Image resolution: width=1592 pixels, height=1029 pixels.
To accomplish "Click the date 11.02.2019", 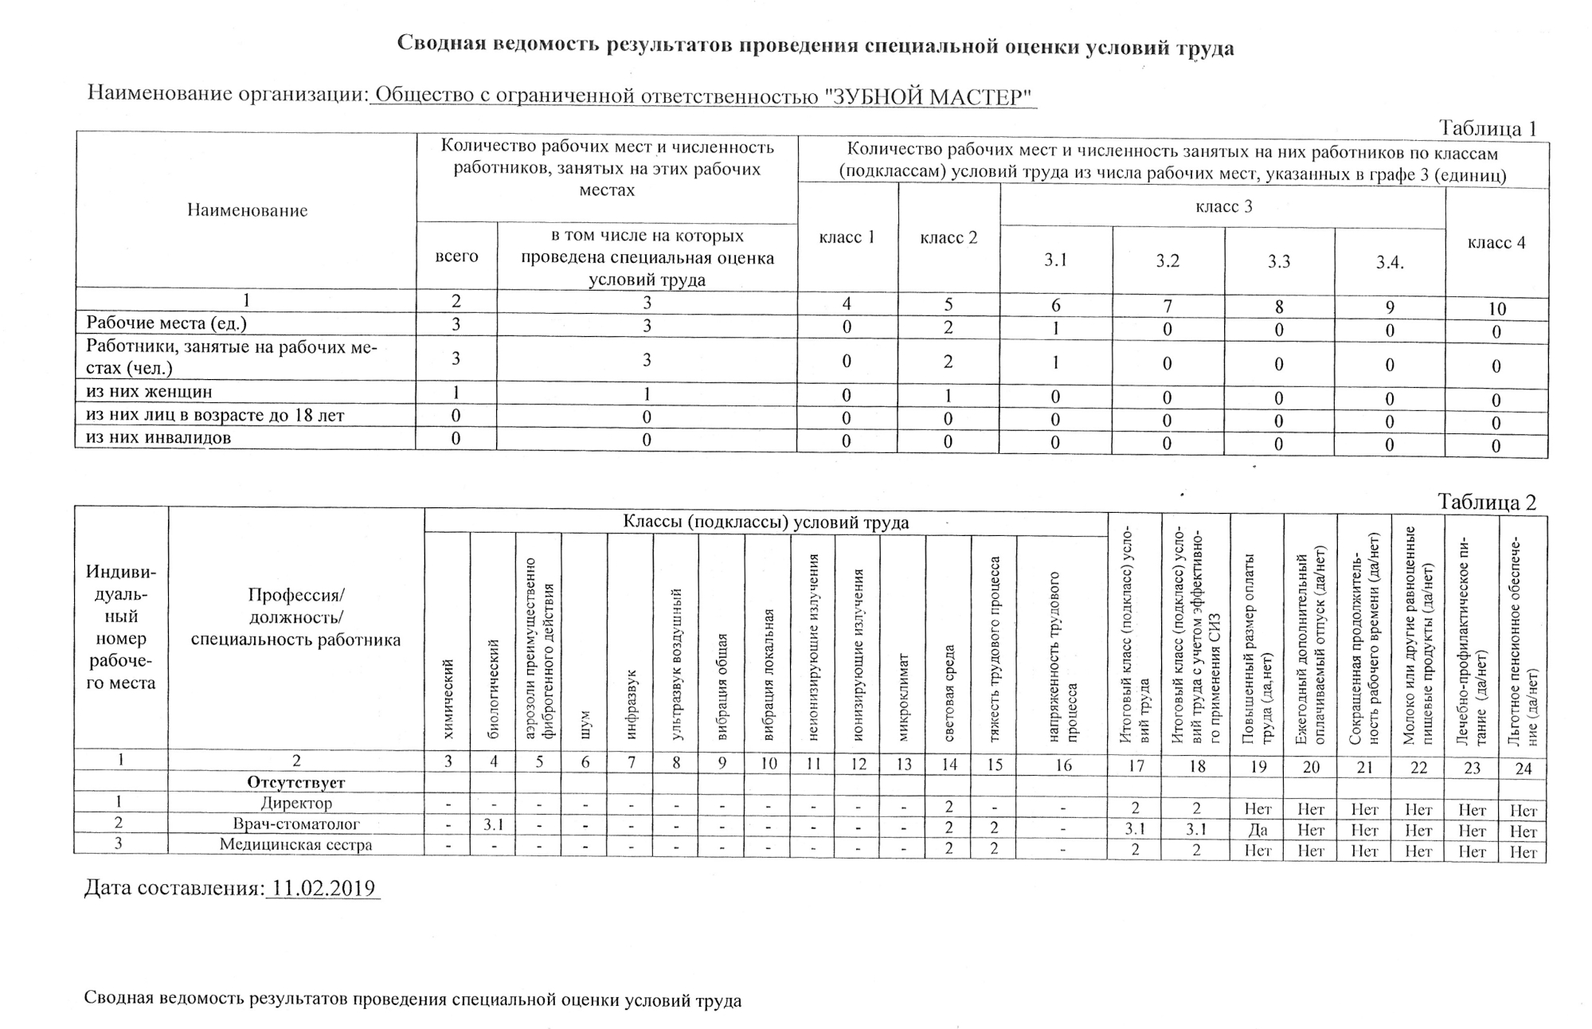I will pyautogui.click(x=323, y=888).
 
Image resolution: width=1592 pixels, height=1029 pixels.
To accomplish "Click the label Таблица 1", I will pyautogui.click(x=1487, y=128).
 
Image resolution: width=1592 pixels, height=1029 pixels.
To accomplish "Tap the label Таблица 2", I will pyautogui.click(x=1486, y=502).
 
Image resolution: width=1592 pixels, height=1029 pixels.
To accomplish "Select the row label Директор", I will pyautogui.click(x=296, y=803).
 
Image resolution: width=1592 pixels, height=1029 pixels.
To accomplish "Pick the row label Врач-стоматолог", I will pyautogui.click(x=296, y=824).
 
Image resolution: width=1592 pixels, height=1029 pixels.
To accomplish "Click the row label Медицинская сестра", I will pyautogui.click(x=296, y=844).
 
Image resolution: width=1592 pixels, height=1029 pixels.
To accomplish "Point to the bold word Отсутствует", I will pyautogui.click(x=296, y=782).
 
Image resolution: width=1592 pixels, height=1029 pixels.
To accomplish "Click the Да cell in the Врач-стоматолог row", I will pyautogui.click(x=1258, y=830).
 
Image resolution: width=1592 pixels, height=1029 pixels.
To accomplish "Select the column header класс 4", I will pyautogui.click(x=1496, y=243).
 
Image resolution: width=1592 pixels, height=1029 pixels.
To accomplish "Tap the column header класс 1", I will pyautogui.click(x=847, y=237).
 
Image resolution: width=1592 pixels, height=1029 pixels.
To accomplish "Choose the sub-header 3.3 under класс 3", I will pyautogui.click(x=1279, y=262).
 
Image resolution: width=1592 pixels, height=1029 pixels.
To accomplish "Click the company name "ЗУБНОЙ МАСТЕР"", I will pyautogui.click(x=928, y=97).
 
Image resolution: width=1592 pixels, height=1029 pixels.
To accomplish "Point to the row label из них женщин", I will pyautogui.click(x=149, y=392).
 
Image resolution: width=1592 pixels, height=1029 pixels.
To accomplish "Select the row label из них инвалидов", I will pyautogui.click(x=158, y=437).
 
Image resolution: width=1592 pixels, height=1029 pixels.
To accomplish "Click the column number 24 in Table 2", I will pyautogui.click(x=1523, y=769).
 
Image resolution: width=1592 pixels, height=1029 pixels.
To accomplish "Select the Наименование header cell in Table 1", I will pyautogui.click(x=247, y=210).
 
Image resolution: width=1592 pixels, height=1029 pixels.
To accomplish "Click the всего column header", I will pyautogui.click(x=456, y=256).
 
